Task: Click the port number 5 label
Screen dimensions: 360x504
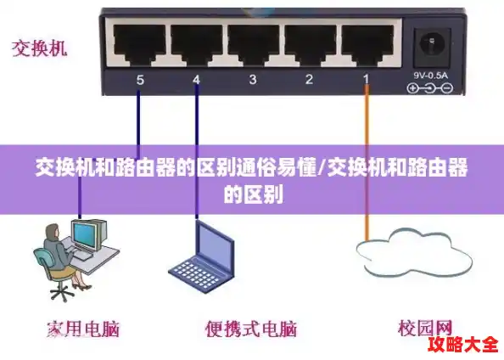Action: click(140, 81)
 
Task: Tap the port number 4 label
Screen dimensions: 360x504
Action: click(196, 81)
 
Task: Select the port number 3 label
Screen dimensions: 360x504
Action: click(253, 81)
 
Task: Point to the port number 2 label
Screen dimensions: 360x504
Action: click(310, 81)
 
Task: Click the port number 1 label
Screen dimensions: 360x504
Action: click(367, 81)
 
